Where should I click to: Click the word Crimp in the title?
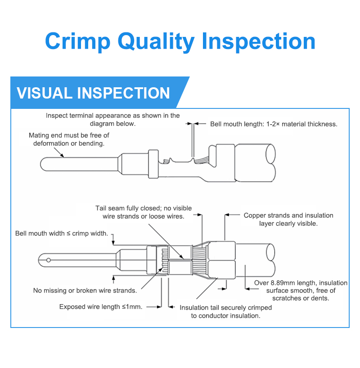77,42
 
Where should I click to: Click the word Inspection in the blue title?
259,42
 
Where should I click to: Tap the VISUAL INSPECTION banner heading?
93,93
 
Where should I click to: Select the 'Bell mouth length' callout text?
274,124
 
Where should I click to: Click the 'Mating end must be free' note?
69,139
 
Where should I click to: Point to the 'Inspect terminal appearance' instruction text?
112,119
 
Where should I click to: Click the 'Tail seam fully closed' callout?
143,212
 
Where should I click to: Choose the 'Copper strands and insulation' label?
288,219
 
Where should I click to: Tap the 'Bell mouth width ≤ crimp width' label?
62,233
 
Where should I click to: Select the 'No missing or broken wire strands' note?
85,290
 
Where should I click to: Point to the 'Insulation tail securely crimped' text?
225,311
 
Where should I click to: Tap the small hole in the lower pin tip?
48,260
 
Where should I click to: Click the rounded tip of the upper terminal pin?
43,163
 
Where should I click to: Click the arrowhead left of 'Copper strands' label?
228,215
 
